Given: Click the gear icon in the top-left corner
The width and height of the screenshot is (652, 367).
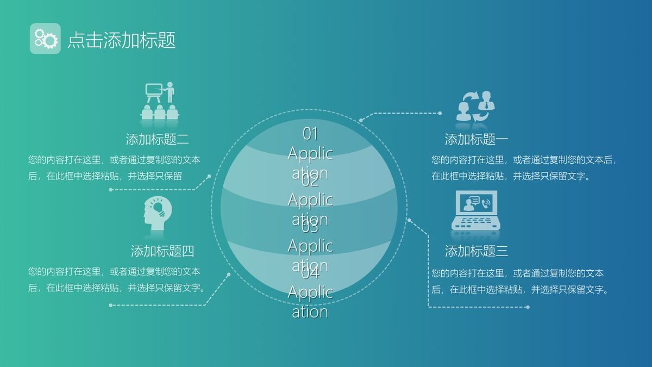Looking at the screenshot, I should (45, 39).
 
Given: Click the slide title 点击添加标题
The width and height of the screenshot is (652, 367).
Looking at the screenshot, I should (122, 40).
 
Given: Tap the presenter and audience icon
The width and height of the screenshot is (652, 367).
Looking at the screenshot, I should (160, 101).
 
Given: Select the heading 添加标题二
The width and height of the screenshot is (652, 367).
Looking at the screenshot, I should (158, 139).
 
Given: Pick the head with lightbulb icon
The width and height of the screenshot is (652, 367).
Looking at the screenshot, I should (158, 213).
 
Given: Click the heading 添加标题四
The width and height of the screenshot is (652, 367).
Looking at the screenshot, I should (162, 251).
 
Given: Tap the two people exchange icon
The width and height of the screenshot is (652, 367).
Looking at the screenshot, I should (475, 106).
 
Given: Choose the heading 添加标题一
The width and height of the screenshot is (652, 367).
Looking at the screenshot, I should (477, 139).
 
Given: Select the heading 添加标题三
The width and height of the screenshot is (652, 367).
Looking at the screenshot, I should (477, 251).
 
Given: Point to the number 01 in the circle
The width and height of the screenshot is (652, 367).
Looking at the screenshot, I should (310, 133).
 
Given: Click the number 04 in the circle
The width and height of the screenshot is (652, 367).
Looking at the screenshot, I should (310, 273).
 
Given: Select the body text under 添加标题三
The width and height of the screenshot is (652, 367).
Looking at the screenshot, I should (519, 281).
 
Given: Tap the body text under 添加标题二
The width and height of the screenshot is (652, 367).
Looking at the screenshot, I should (114, 168).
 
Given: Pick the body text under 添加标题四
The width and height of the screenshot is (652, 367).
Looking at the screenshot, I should (117, 279).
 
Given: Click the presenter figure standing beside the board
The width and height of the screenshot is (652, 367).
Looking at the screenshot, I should (170, 92).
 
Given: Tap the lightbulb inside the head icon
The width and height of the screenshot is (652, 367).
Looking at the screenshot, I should (158, 208).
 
